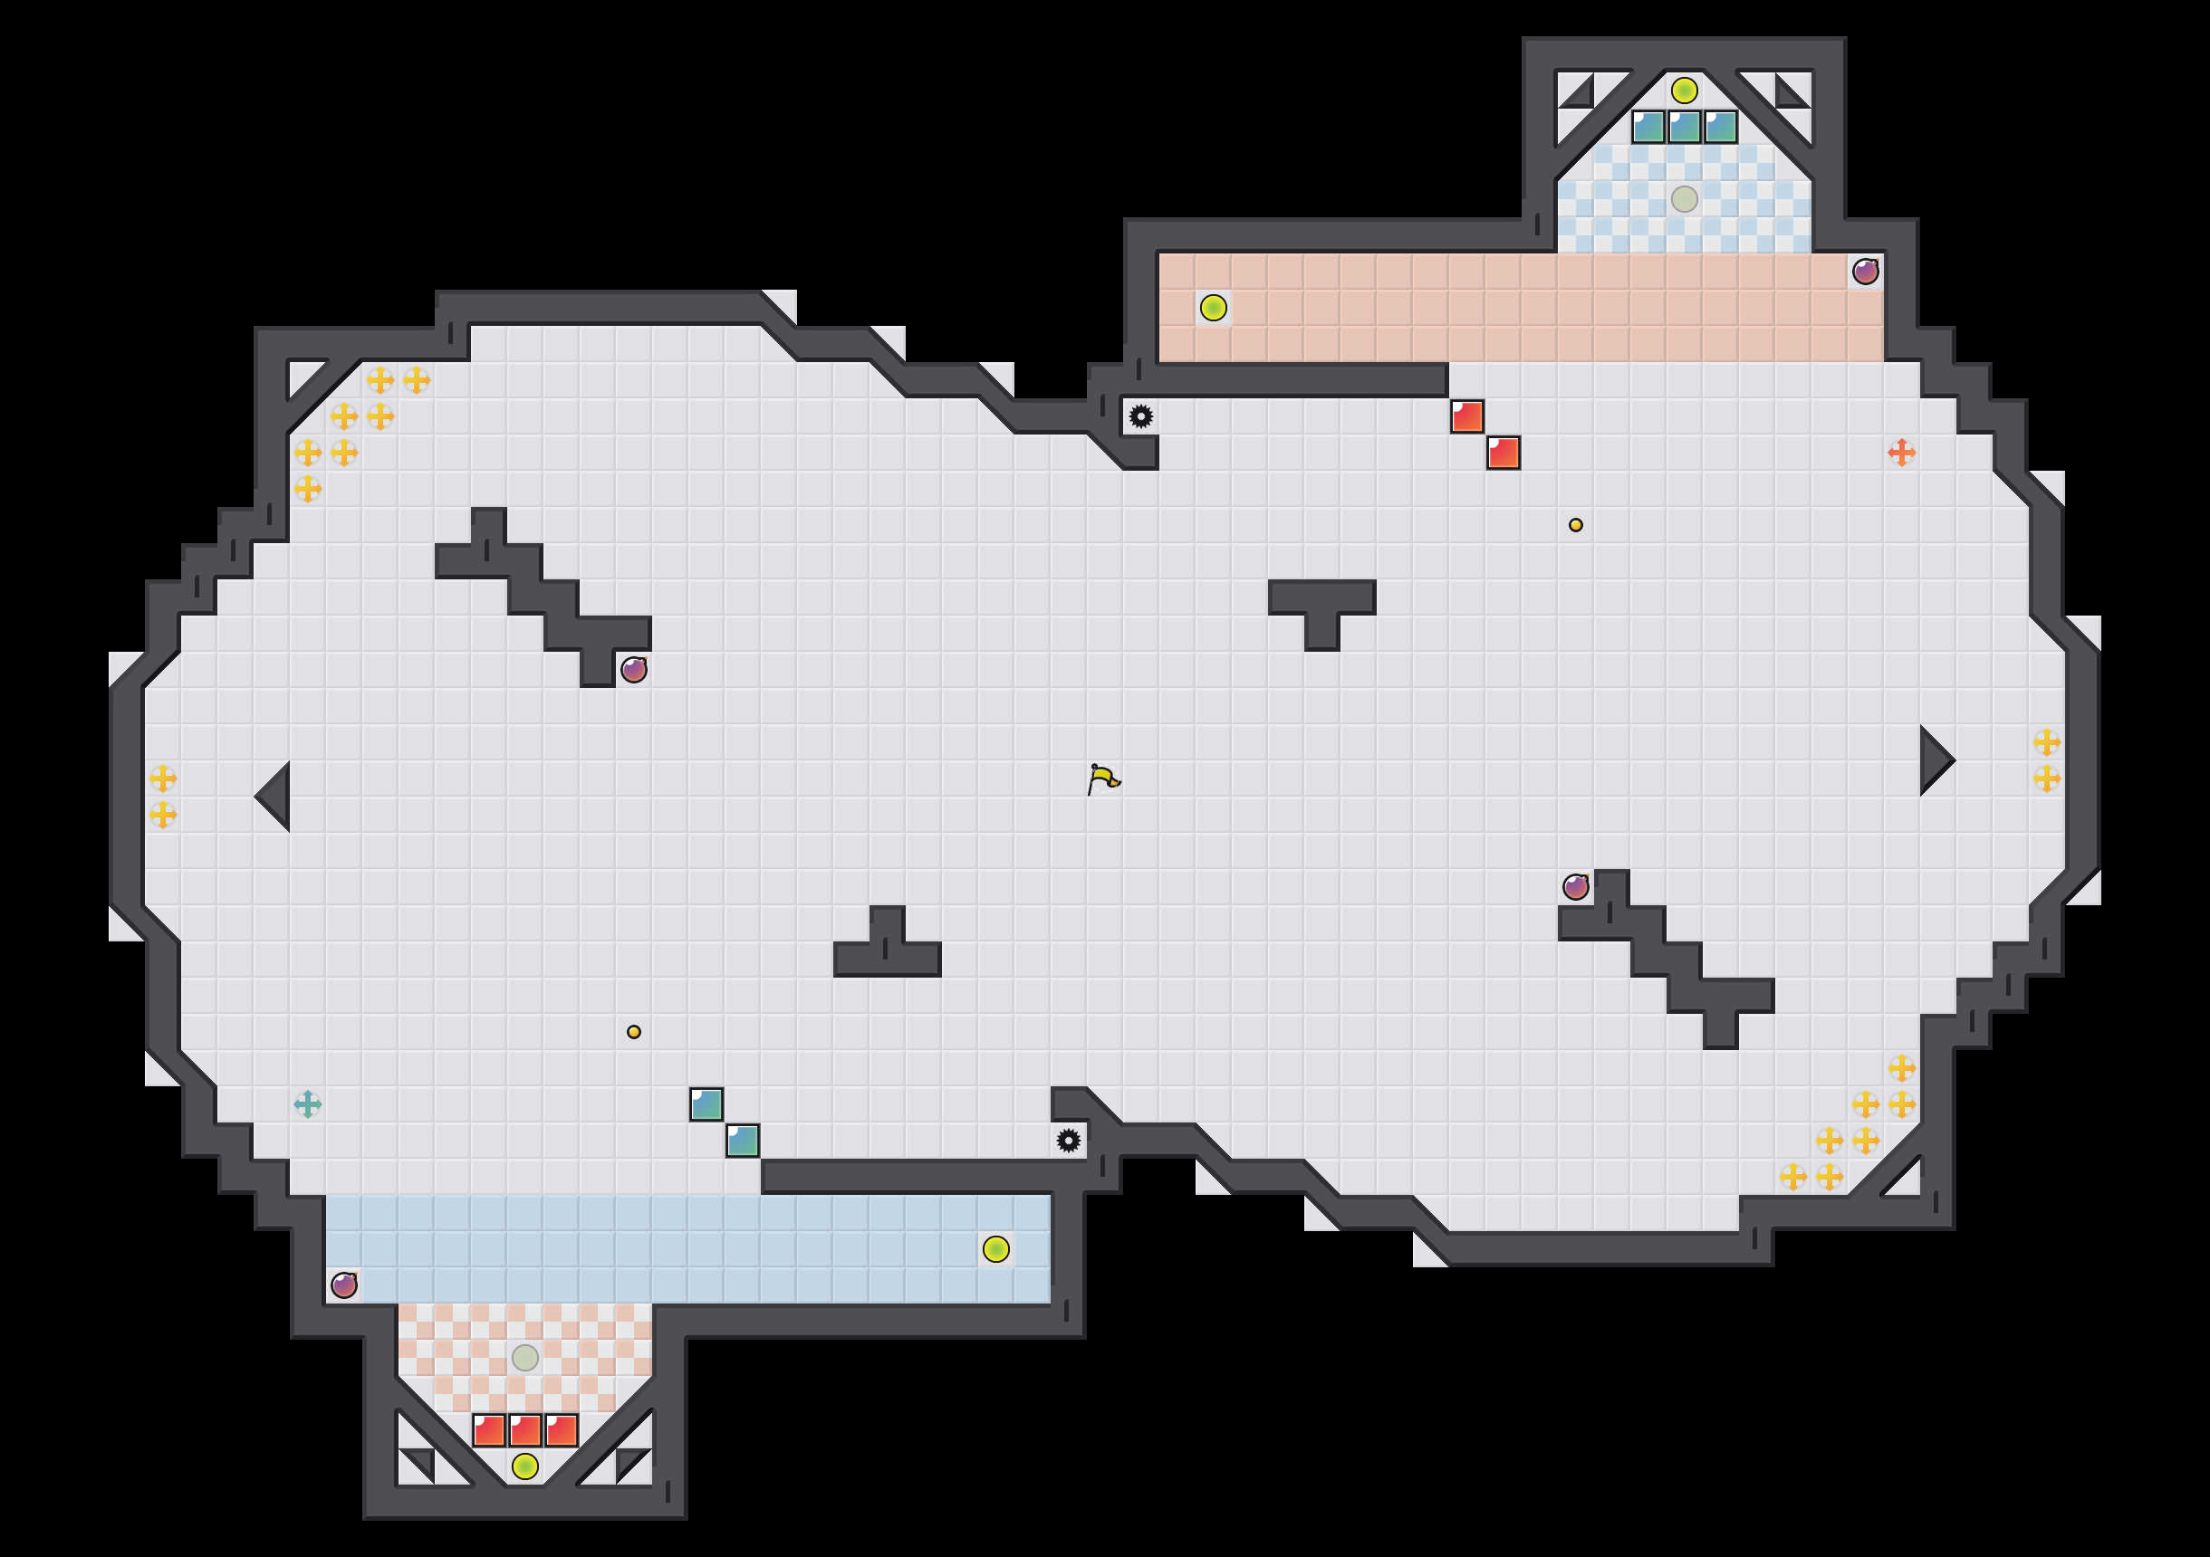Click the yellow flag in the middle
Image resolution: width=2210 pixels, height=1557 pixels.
pos(1103,778)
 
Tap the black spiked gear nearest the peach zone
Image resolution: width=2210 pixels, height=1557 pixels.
pos(1140,416)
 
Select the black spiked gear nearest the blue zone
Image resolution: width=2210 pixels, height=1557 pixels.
pos(1069,1141)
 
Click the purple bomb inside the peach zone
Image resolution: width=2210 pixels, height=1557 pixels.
pos(1866,272)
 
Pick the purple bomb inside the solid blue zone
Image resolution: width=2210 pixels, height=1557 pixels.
pos(343,1285)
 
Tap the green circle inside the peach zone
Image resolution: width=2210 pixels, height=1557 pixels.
pos(1213,308)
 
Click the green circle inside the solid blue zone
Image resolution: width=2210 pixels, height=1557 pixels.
pos(996,1249)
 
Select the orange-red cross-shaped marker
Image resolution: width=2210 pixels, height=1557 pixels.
pos(1901,453)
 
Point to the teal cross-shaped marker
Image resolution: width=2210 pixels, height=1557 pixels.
pos(307,1103)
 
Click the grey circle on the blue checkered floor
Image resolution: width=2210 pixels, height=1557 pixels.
pos(1685,199)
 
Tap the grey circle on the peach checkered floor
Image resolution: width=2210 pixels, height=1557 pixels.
pos(524,1358)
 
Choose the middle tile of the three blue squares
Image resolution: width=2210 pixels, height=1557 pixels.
pos(1685,127)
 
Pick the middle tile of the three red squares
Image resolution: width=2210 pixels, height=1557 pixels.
pos(524,1430)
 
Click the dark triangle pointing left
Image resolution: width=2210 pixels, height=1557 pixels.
pos(274,796)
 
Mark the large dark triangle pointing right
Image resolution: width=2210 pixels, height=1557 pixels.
pos(1935,760)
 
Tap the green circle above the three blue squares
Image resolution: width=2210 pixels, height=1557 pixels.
pos(1685,91)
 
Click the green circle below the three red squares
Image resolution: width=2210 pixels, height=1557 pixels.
pos(524,1466)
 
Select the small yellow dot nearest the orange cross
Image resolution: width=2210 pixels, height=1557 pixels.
pos(1576,525)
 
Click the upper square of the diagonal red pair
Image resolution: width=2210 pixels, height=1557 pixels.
pos(1467,416)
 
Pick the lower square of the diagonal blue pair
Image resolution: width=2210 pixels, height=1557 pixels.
pos(742,1141)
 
